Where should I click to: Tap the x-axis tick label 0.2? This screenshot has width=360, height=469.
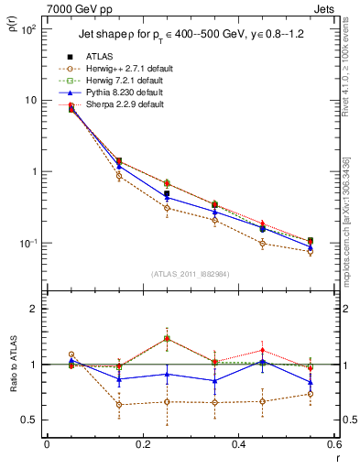coord(142,443)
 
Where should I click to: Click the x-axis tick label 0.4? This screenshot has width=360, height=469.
coord(238,443)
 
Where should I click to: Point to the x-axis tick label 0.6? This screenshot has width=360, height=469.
coord(333,443)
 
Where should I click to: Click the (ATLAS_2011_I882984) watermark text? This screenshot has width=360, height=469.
coord(190,275)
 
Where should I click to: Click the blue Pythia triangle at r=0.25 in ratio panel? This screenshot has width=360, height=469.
coord(167,374)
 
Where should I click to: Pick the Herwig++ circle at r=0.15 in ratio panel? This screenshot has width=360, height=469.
coord(119,404)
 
